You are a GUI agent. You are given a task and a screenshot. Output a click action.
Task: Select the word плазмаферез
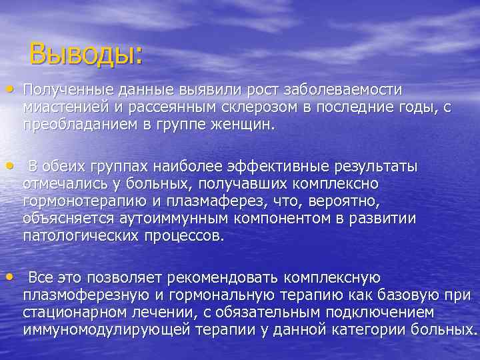pyautogui.click(x=221, y=202)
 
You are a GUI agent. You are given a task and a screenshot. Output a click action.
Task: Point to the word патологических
pyautogui.click(x=75, y=237)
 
